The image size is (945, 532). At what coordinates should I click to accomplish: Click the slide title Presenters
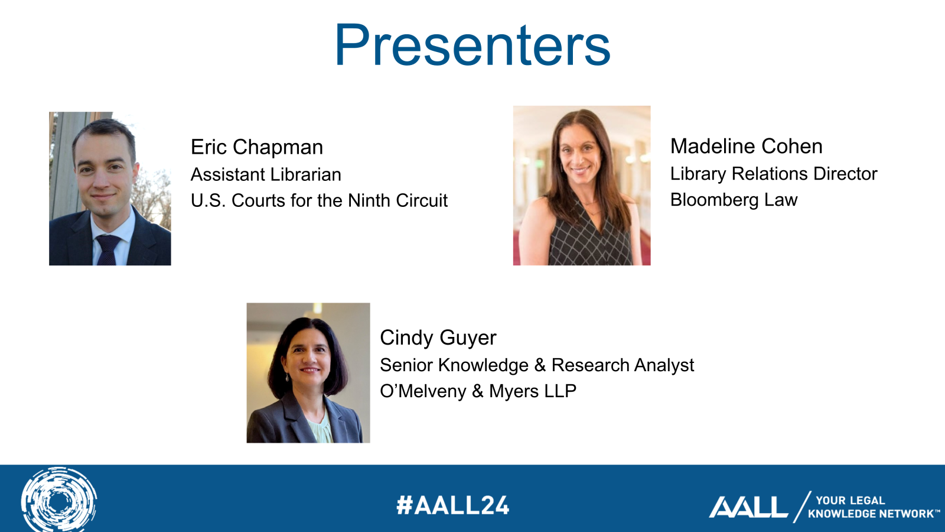[x=472, y=46]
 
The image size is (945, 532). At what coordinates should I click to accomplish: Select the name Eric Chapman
[x=256, y=147]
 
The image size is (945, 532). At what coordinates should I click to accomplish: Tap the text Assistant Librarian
[x=266, y=174]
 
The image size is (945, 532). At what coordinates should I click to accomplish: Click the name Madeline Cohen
[x=747, y=146]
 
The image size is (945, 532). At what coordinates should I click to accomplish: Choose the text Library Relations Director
[x=774, y=174]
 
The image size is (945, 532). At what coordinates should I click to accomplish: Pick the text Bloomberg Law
[x=734, y=200]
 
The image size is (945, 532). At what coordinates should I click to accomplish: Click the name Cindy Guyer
[x=438, y=338]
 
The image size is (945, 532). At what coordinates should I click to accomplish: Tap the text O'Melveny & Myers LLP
[x=478, y=391]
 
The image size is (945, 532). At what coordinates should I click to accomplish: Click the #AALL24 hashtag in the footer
[x=452, y=505]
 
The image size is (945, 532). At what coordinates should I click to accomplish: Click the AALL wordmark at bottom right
[x=748, y=507]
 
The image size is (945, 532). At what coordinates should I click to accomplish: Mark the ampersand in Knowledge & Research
[x=540, y=366]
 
